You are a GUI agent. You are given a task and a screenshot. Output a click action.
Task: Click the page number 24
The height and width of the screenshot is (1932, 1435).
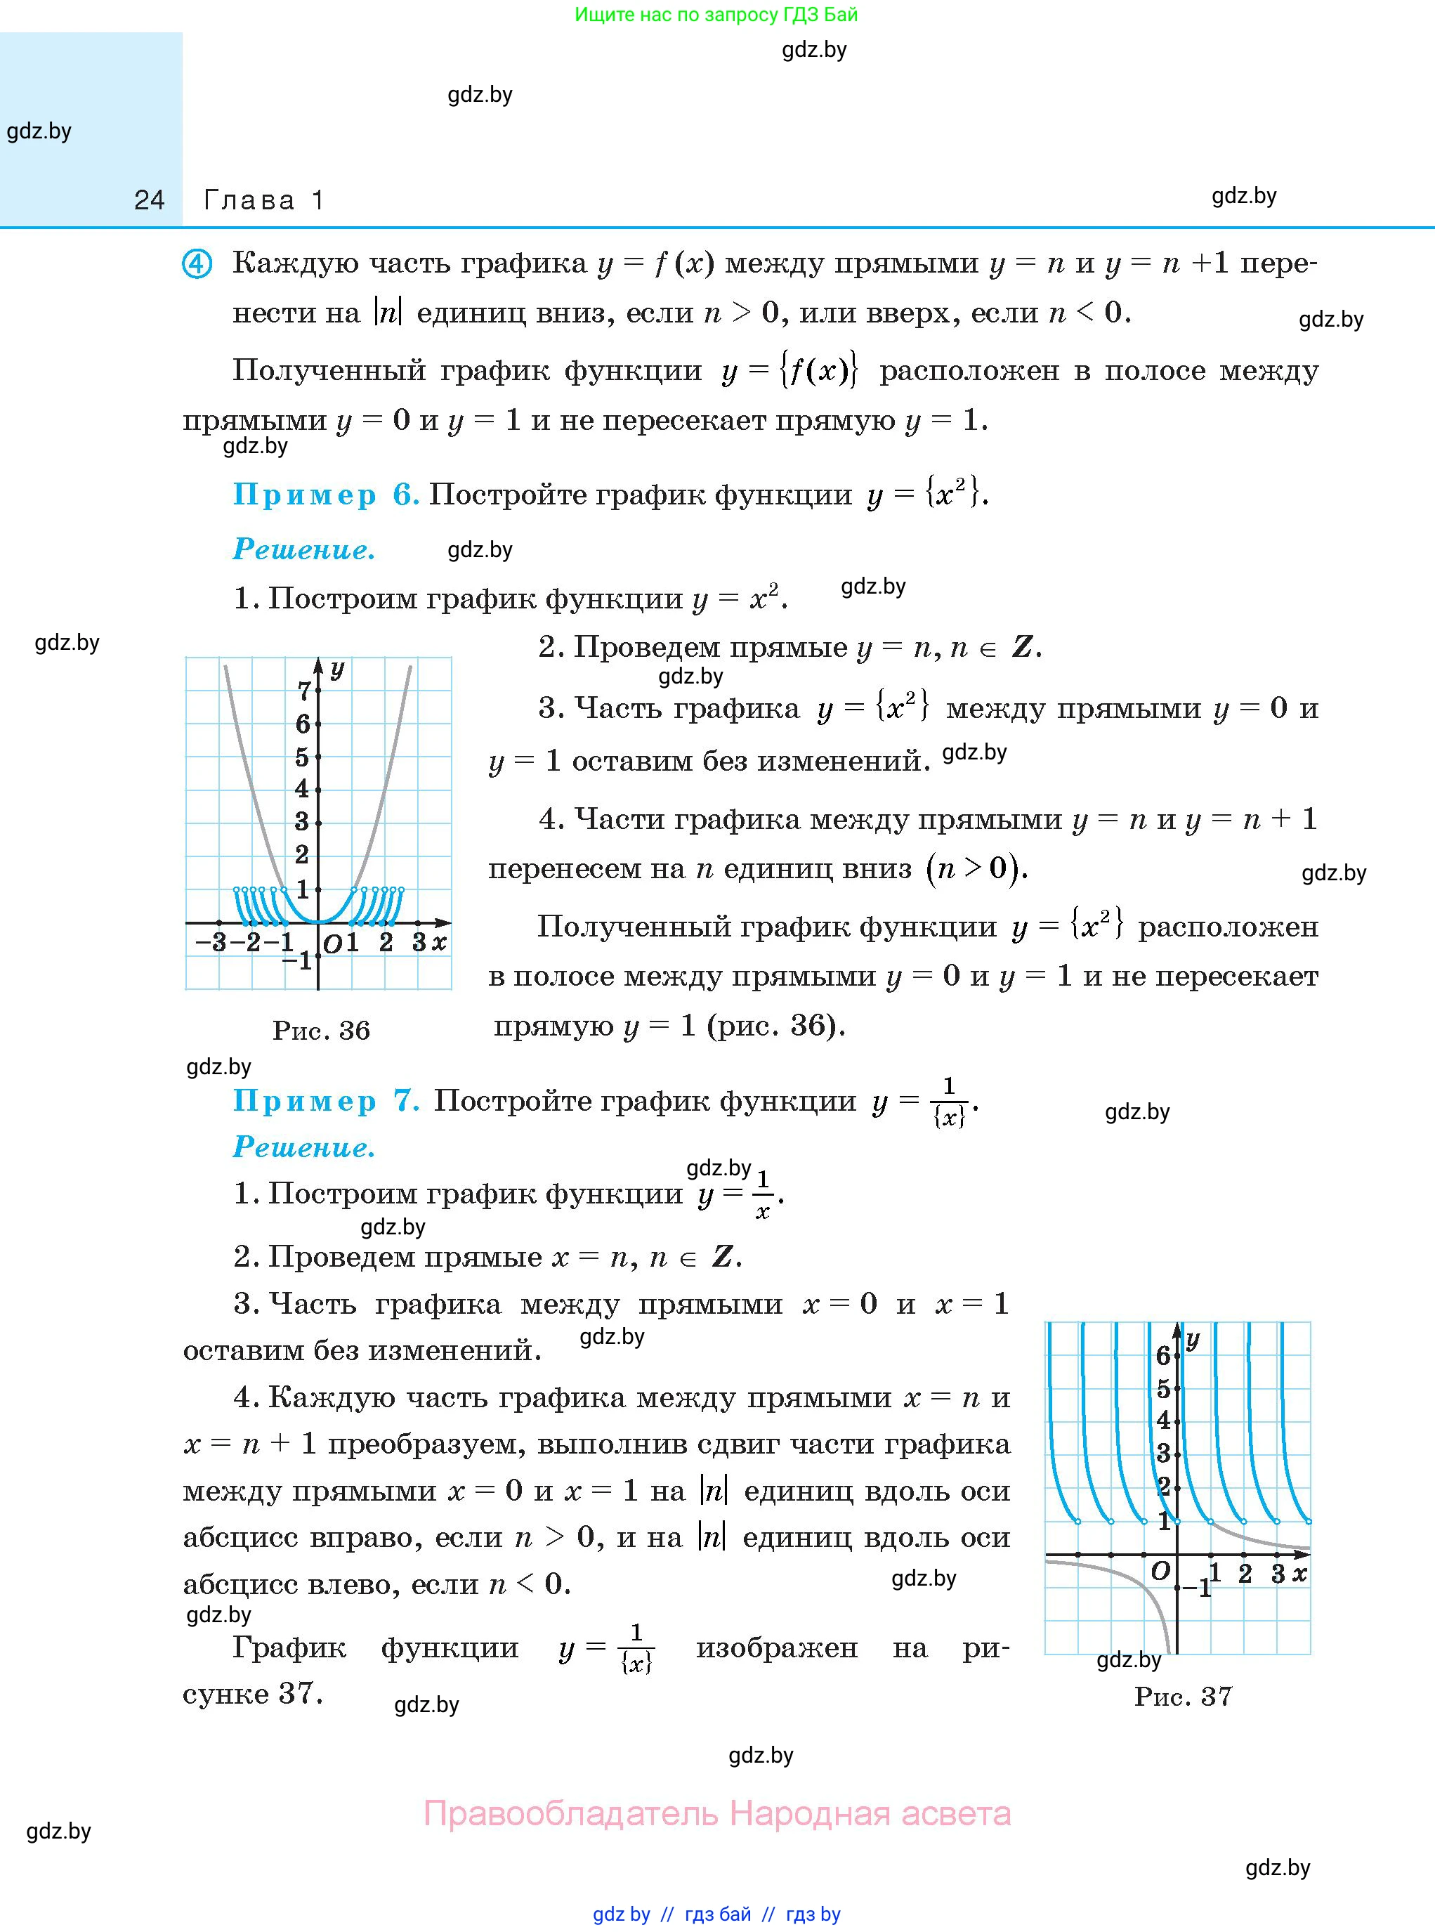(x=150, y=201)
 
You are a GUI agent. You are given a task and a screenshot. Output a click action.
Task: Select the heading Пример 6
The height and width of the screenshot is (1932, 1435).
(x=326, y=495)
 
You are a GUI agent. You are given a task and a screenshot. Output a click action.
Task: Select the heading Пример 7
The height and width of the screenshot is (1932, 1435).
(x=326, y=1101)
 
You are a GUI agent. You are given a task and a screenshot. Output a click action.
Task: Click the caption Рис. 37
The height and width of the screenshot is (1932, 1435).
(x=1183, y=1696)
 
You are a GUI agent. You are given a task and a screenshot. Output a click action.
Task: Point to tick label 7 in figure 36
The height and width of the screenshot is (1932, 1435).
(x=303, y=691)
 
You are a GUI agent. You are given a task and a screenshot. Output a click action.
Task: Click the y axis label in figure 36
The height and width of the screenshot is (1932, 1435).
(x=337, y=669)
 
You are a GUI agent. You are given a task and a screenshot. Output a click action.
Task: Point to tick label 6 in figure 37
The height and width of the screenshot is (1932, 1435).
(x=1163, y=1355)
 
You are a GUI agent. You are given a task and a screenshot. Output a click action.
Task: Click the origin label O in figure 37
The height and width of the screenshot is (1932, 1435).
(x=1160, y=1571)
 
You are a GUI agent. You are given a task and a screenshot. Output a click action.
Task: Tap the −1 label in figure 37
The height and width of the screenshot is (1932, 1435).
(x=1199, y=1589)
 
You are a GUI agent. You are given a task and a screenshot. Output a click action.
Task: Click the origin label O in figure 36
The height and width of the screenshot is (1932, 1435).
(x=332, y=944)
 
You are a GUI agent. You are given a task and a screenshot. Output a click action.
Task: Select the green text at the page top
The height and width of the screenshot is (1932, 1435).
(x=716, y=15)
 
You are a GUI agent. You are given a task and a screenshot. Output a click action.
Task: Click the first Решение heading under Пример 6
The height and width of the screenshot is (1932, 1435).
(x=304, y=550)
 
